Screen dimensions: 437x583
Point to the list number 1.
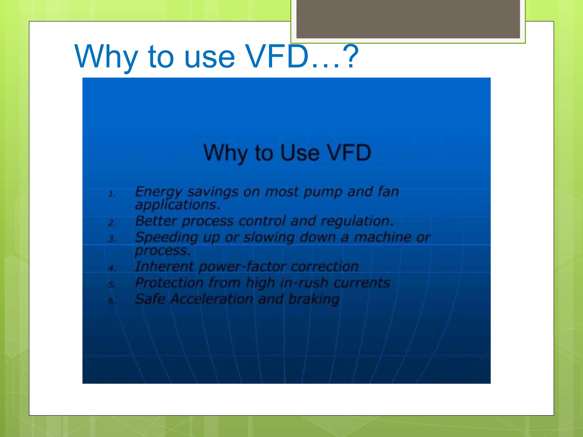[112, 194]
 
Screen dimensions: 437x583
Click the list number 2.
[112, 223]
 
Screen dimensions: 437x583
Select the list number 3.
[112, 239]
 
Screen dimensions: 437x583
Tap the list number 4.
[112, 268]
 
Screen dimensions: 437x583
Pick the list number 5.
[112, 285]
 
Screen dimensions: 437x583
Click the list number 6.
[112, 301]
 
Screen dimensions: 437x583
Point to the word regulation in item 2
[357, 221]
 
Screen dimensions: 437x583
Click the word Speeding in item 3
[166, 238]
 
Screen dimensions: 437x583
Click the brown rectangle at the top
[408, 19]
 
